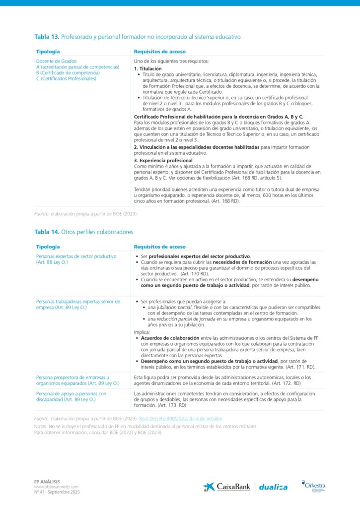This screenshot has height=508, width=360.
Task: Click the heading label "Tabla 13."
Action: coord(47,37)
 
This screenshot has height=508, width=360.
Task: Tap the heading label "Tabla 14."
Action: coord(47,232)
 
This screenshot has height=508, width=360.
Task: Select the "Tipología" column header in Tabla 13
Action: coord(48,52)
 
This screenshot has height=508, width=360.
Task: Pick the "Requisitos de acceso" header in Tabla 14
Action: coord(160,247)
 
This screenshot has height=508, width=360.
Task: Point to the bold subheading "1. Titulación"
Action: coord(148,68)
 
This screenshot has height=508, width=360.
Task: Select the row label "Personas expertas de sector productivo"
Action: coord(76,256)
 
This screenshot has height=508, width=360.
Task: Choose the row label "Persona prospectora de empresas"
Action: coord(72,378)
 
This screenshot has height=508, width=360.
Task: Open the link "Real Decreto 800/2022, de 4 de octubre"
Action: coord(180,419)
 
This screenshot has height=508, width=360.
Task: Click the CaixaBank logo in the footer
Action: coord(226,487)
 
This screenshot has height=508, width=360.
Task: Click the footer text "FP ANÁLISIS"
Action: coord(46,482)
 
